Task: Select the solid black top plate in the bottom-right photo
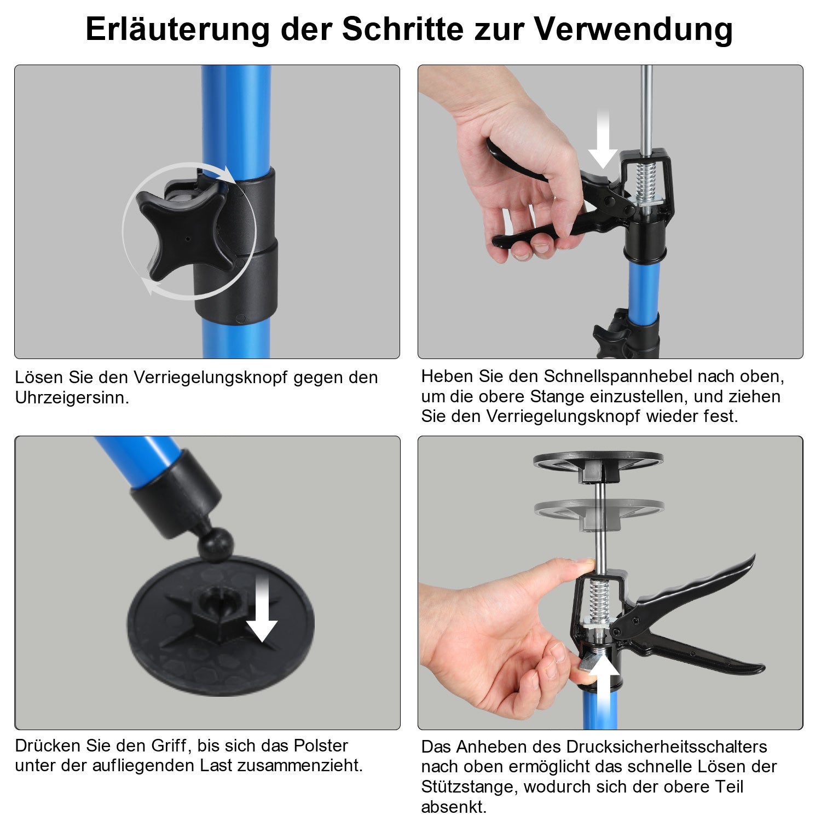pos(598,460)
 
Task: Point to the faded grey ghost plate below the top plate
pos(599,509)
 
